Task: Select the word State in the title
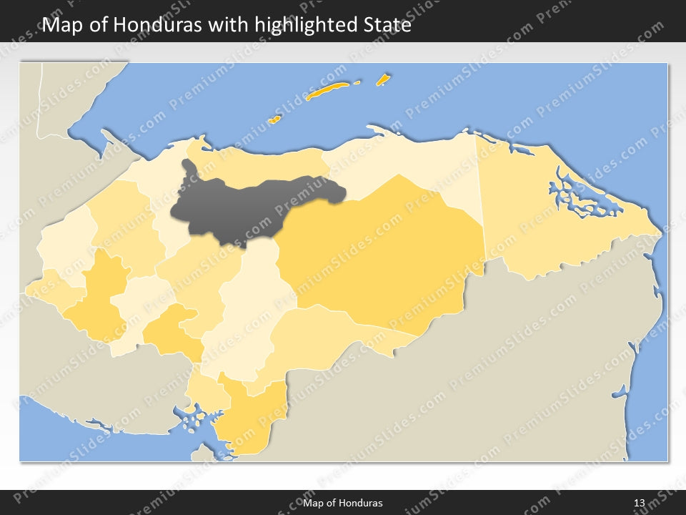pyautogui.click(x=386, y=25)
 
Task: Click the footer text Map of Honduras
pyautogui.click(x=343, y=503)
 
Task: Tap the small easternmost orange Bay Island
pyautogui.click(x=383, y=79)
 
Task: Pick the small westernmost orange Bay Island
pyautogui.click(x=274, y=119)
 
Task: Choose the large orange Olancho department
pyautogui.click(x=386, y=250)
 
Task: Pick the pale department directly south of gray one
pyautogui.click(x=254, y=300)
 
